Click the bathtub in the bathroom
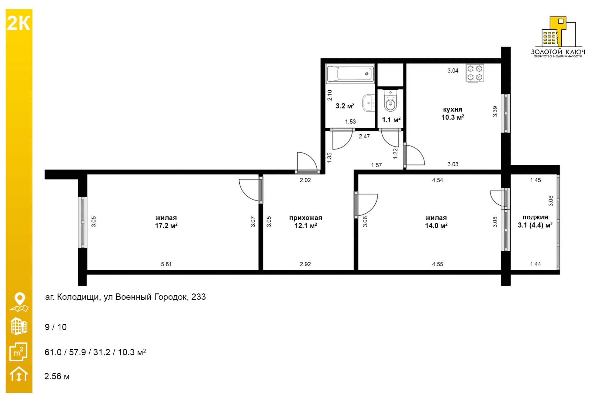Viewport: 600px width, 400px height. [x=350, y=74]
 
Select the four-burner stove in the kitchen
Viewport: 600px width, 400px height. [x=475, y=73]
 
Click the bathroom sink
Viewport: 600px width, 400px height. [x=368, y=103]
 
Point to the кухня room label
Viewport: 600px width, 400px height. [x=452, y=109]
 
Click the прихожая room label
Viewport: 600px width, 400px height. [x=305, y=218]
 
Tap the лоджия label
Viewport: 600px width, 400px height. [x=535, y=217]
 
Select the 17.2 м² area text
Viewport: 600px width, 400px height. [x=166, y=226]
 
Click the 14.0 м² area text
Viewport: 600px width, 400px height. [x=436, y=226]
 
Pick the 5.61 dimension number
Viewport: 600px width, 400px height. [x=166, y=264]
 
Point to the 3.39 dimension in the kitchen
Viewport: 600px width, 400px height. [x=495, y=112]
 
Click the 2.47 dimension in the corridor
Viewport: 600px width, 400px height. [x=364, y=136]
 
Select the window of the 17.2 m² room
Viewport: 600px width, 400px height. [x=82, y=222]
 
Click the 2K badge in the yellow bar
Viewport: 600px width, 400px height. [x=18, y=23]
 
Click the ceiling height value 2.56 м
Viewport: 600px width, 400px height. [x=57, y=376]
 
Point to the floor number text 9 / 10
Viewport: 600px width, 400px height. [x=56, y=327]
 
